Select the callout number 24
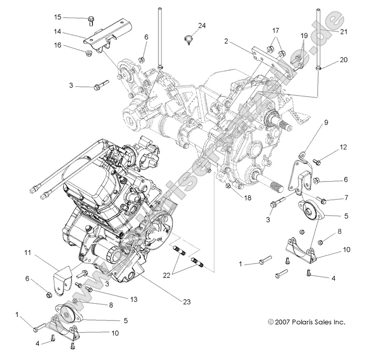202,25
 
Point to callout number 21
344,31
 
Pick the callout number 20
344,60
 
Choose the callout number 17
275,30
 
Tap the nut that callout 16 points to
89,53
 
